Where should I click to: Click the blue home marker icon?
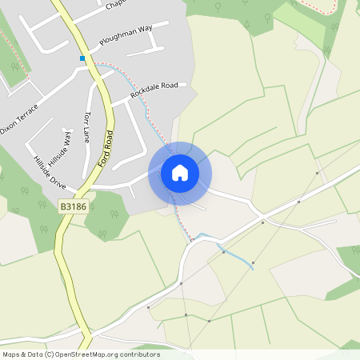pos(180,173)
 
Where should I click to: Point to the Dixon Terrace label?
pos(18,128)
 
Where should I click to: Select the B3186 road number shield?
pos(74,206)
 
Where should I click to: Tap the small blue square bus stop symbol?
pos(82,58)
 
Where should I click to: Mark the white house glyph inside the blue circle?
pos(180,173)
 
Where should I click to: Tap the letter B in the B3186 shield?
pos(63,206)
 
